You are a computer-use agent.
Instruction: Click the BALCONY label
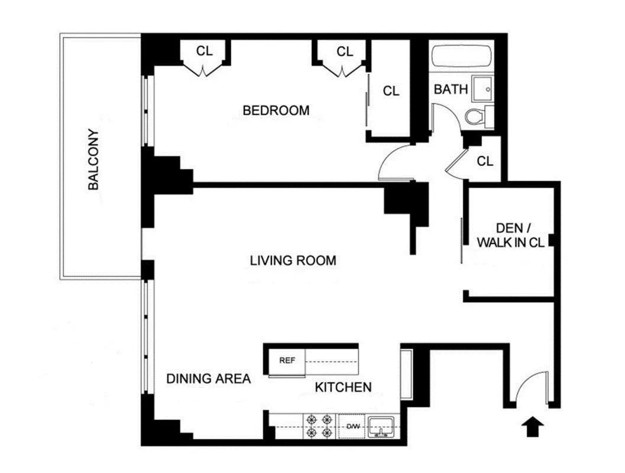click(93, 160)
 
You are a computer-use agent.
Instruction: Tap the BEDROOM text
click(276, 111)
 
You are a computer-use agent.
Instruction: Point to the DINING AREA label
click(208, 379)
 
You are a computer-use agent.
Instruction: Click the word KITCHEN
click(343, 388)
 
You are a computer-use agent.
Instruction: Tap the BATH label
click(451, 90)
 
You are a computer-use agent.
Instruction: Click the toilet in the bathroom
click(477, 116)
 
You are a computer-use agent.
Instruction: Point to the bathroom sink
click(484, 90)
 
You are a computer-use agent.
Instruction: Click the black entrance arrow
click(533, 426)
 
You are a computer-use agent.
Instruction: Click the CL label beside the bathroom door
click(485, 161)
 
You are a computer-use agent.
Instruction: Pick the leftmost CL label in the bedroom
click(205, 51)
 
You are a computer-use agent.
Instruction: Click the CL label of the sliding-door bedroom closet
click(391, 91)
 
